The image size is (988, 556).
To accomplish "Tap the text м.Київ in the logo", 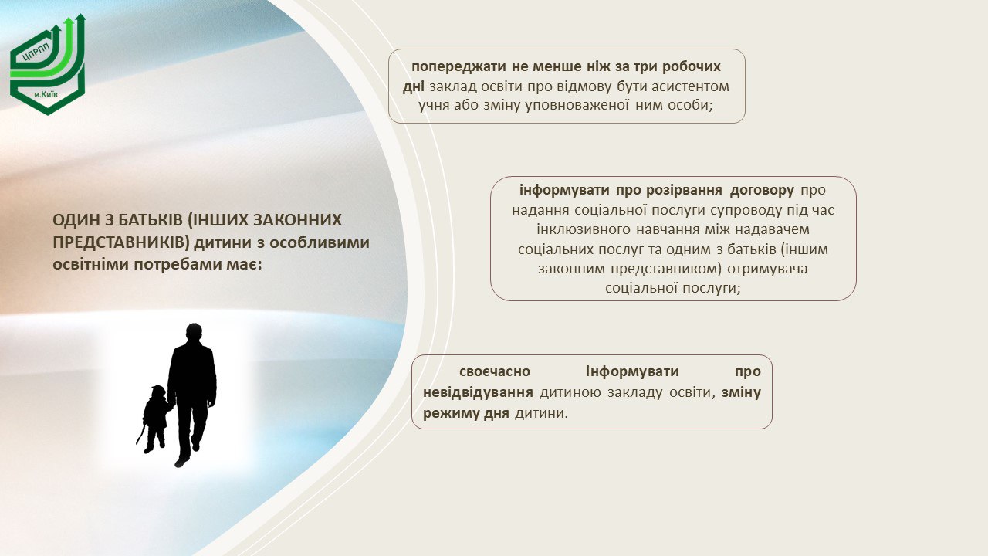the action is tap(46, 94).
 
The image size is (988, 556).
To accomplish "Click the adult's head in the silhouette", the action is tap(194, 333).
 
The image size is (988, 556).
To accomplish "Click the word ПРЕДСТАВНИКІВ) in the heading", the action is tap(121, 242).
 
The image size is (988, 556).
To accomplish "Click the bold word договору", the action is tap(762, 190).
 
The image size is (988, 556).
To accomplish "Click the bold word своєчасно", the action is tap(495, 371).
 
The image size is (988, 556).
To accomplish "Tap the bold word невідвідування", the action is tap(478, 392).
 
